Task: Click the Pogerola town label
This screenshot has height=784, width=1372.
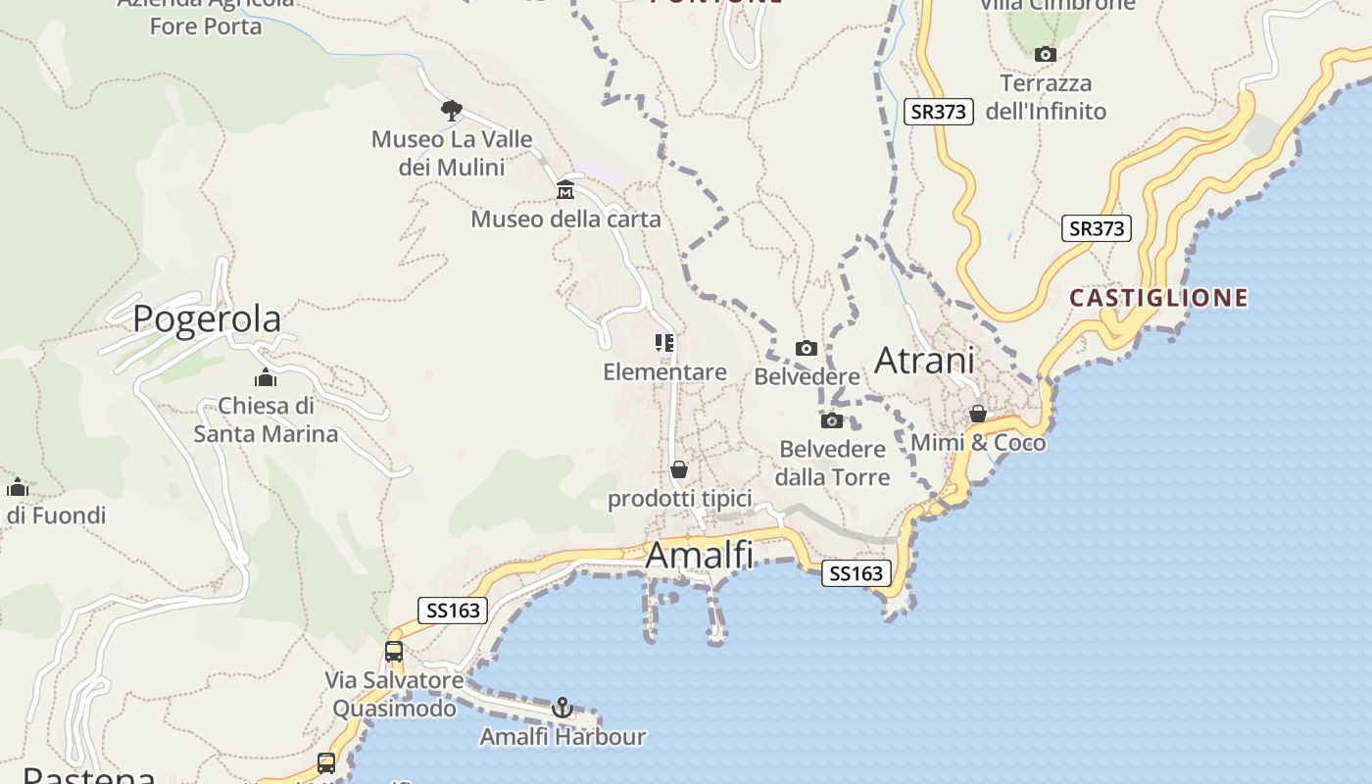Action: tap(207, 318)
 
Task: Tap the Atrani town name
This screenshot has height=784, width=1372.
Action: tap(924, 360)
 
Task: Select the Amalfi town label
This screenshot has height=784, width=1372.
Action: tap(700, 555)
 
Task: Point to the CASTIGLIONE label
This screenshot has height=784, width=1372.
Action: tap(1158, 298)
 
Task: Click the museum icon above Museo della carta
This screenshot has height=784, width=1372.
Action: tap(565, 190)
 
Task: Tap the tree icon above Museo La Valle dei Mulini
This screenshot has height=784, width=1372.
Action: tap(451, 110)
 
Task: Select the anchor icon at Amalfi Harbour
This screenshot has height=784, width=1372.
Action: tap(563, 708)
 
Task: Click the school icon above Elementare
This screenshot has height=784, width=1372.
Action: tap(664, 343)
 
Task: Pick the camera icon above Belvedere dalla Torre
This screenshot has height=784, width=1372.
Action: tap(832, 421)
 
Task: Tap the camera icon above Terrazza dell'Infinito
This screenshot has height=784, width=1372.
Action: tap(1046, 55)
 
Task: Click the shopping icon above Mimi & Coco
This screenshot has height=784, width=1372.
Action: tap(977, 415)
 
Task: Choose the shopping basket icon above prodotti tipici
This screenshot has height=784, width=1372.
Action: tap(679, 470)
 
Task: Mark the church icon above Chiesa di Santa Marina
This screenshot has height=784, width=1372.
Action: tap(265, 378)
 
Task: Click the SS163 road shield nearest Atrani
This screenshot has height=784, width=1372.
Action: tap(856, 573)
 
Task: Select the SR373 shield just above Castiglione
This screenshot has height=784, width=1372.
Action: tap(1096, 228)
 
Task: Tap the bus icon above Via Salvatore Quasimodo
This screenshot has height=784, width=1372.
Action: tap(394, 651)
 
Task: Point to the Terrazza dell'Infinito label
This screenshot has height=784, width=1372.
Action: tap(1046, 97)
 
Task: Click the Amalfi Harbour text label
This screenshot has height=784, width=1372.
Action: tap(563, 737)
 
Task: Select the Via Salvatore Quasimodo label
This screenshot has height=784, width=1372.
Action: tap(394, 694)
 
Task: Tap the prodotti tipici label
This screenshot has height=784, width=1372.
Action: tap(679, 499)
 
